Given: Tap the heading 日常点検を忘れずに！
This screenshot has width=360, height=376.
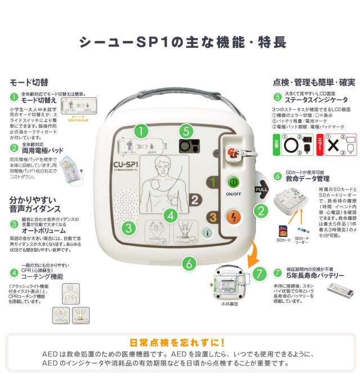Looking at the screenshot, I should click(x=177, y=342).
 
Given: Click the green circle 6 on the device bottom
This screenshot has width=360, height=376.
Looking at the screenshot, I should click(x=189, y=263).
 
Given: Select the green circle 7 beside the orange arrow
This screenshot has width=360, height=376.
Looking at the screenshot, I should click(x=259, y=274).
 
